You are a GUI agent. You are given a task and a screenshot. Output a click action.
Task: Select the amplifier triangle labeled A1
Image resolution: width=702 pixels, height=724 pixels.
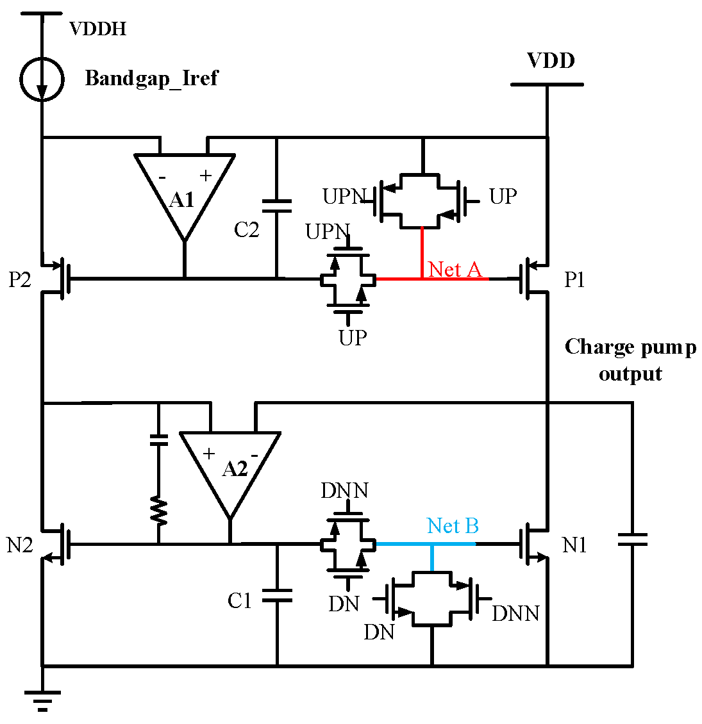click(x=184, y=192)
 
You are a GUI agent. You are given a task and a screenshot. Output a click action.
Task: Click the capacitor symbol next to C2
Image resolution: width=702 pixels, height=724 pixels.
click(x=277, y=206)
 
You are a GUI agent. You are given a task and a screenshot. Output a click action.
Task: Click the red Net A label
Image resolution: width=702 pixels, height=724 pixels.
click(x=455, y=269)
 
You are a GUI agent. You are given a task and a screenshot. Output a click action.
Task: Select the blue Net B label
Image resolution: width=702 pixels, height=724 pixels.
click(x=453, y=526)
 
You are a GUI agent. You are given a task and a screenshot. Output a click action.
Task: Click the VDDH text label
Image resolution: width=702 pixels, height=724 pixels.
click(x=97, y=29)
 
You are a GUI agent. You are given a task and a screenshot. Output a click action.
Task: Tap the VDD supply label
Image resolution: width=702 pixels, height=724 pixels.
click(x=551, y=61)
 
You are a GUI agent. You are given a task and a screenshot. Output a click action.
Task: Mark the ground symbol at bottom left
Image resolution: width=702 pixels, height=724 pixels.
click(x=42, y=700)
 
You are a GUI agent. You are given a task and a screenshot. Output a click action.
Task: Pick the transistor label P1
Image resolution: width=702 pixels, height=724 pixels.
click(x=574, y=280)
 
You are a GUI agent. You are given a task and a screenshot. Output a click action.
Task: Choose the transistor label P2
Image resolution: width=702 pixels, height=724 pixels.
click(x=20, y=280)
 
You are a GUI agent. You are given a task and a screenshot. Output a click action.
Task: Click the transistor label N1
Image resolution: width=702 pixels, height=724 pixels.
click(x=574, y=545)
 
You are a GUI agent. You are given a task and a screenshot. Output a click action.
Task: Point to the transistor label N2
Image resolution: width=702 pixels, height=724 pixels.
click(x=20, y=545)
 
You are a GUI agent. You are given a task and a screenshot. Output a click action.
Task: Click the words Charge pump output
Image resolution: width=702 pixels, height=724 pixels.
click(x=630, y=360)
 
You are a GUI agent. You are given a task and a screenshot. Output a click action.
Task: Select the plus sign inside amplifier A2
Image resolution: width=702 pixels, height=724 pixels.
click(x=209, y=454)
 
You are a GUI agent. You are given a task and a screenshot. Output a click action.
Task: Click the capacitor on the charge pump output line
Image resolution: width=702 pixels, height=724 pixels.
click(x=632, y=540)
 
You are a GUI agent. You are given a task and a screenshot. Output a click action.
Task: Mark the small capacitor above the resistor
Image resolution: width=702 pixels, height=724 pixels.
click(x=158, y=440)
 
